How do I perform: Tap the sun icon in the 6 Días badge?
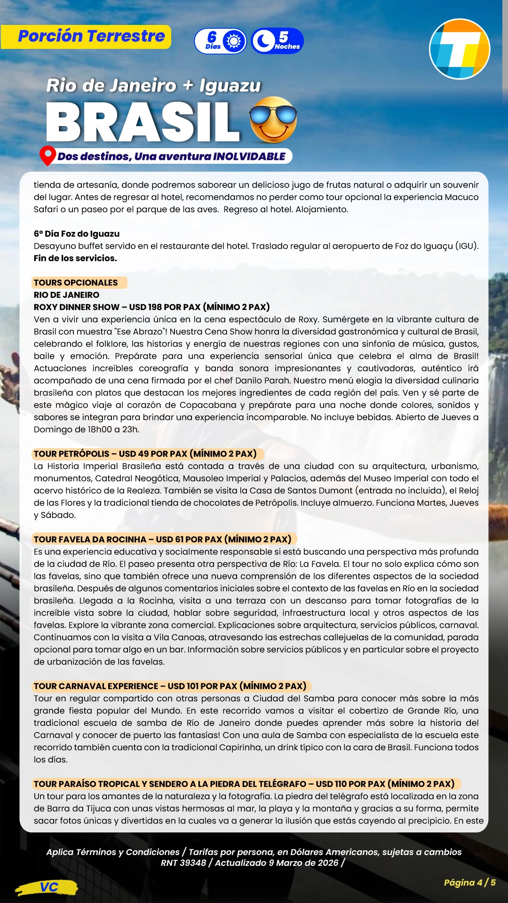click(x=234, y=41)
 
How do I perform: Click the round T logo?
click(x=460, y=49)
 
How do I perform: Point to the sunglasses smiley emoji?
click(x=273, y=120)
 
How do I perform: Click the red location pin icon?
click(x=47, y=155)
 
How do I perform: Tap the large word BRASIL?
click(x=143, y=122)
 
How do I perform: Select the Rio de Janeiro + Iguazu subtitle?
click(x=153, y=86)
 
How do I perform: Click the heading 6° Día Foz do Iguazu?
click(x=77, y=234)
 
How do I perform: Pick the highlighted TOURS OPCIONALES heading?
click(x=76, y=283)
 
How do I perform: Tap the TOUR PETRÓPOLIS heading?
click(x=71, y=454)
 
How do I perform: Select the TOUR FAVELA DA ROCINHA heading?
click(x=90, y=539)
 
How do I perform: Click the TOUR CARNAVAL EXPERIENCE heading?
click(x=96, y=686)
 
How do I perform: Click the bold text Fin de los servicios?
click(x=75, y=258)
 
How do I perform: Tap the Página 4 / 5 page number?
click(x=469, y=882)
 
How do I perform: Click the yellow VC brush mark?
click(x=47, y=887)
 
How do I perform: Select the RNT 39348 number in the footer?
click(x=183, y=863)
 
